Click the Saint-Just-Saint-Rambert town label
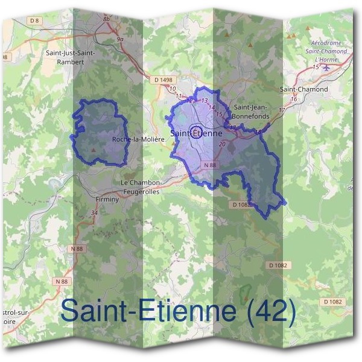point(70,56)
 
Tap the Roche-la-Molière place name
point(138,139)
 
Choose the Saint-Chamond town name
point(304,89)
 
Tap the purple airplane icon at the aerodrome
point(327,67)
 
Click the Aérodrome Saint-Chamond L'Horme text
point(329,51)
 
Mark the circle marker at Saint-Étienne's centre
point(195,132)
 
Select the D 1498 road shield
point(163,80)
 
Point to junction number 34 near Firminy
point(94,213)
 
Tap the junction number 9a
point(120,39)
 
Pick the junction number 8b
point(107,19)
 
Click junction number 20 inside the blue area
point(222,144)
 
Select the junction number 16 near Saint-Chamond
point(293,99)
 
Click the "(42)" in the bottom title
point(270,312)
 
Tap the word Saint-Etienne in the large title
point(148,312)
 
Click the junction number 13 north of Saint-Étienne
point(205,101)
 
